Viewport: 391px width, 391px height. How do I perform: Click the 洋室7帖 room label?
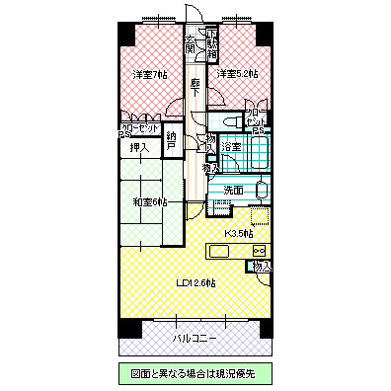[151, 74]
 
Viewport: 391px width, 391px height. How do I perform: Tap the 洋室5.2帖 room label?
[238, 74]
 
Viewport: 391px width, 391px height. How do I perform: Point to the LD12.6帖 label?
[195, 282]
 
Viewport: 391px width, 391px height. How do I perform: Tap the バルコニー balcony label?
[195, 338]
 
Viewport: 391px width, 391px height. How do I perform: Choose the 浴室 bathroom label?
[230, 147]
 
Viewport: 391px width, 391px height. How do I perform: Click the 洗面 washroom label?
[233, 189]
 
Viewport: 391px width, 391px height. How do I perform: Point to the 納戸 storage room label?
[172, 141]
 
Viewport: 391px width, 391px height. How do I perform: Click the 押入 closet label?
[139, 148]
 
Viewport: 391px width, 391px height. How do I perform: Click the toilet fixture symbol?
[225, 119]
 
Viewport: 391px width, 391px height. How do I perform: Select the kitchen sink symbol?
[219, 251]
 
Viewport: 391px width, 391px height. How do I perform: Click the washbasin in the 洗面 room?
[262, 189]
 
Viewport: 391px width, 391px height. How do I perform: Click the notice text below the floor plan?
[195, 374]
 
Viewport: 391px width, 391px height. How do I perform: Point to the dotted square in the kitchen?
[260, 217]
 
